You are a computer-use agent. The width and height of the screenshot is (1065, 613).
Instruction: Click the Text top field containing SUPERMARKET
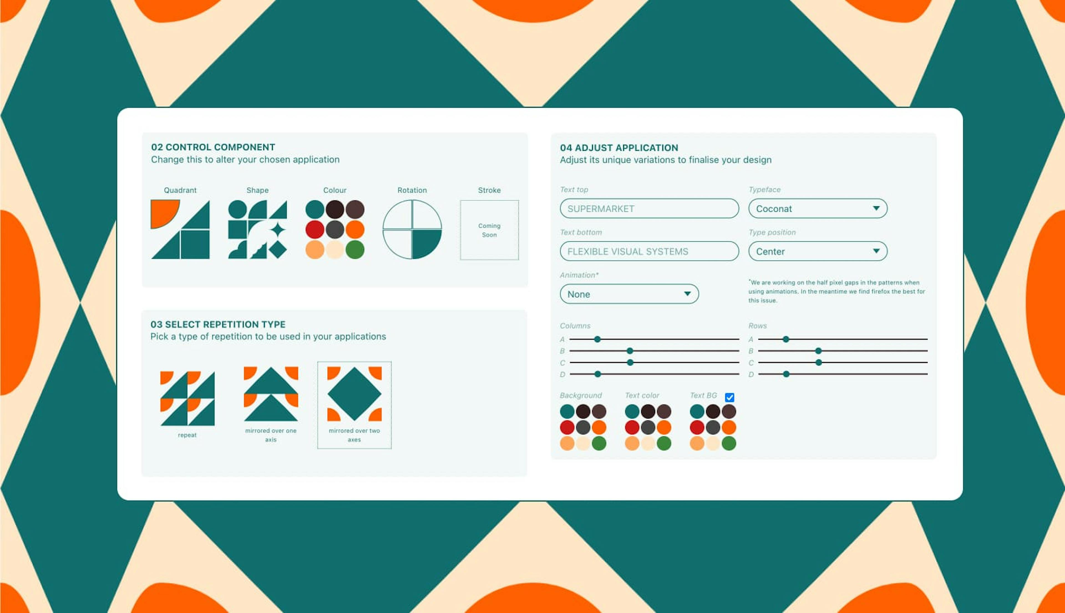649,208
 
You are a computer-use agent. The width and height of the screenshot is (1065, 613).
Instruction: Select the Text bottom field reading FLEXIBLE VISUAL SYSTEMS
649,251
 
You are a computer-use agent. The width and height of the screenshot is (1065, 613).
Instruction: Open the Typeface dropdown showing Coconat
818,208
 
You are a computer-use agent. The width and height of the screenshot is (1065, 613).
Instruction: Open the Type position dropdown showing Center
818,251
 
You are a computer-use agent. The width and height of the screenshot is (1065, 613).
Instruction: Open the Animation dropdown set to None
629,294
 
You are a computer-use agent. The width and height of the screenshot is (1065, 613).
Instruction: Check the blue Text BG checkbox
729,397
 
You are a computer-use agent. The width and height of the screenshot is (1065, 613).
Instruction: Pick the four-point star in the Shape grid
278,230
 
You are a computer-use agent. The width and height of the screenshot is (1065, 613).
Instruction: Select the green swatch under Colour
355,250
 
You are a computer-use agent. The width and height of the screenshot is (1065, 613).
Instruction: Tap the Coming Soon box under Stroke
489,230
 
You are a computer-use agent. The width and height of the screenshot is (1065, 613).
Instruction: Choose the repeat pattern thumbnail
187,398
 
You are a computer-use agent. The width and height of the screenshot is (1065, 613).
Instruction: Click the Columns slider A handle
597,339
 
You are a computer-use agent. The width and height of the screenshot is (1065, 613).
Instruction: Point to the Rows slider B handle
818,351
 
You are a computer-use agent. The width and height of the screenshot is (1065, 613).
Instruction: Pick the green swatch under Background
599,443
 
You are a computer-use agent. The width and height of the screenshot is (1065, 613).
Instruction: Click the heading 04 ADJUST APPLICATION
619,148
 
